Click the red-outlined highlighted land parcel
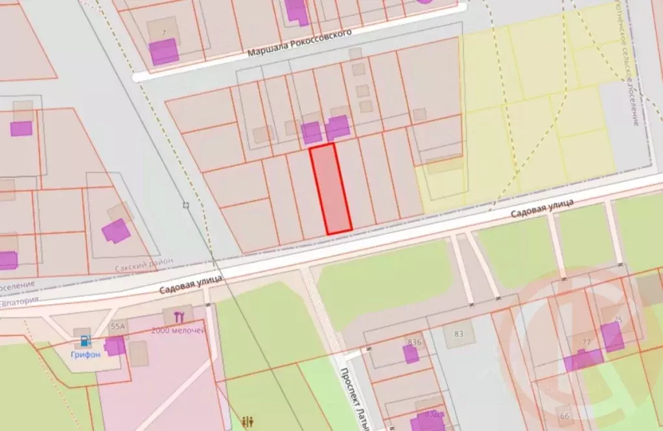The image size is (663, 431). (x=331, y=189)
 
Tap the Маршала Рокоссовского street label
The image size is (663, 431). (x=299, y=43)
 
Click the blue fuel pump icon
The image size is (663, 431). (x=85, y=340)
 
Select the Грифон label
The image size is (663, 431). (x=85, y=355)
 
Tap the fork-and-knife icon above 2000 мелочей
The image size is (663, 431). (x=180, y=317)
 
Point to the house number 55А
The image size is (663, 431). (x=118, y=326)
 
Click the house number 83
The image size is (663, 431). (x=459, y=334)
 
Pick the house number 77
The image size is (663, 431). (x=586, y=342)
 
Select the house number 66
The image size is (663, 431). (x=564, y=415)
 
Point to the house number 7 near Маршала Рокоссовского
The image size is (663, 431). (x=164, y=32)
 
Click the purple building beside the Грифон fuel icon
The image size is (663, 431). (x=115, y=345)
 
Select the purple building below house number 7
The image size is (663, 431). (x=164, y=52)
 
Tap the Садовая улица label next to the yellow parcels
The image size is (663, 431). (x=542, y=209)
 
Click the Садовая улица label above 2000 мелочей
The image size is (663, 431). (x=191, y=284)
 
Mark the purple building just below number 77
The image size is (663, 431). (x=583, y=360)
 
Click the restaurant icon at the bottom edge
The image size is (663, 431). (x=248, y=422)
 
